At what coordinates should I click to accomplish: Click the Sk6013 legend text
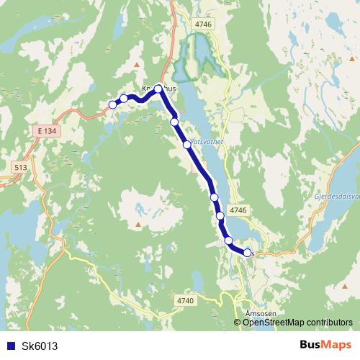(x=40, y=346)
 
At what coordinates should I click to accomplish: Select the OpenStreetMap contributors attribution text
(x=297, y=323)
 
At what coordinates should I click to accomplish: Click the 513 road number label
(x=20, y=167)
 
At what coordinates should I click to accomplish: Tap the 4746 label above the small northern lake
(x=204, y=24)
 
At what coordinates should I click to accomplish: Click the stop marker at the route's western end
(x=112, y=105)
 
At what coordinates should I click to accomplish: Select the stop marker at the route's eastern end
(x=247, y=253)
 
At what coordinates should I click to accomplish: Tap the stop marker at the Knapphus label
(x=158, y=89)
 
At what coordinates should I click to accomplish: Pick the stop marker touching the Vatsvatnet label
(x=187, y=145)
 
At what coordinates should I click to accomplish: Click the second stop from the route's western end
(x=124, y=99)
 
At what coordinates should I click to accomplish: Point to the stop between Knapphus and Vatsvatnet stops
(x=174, y=122)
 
